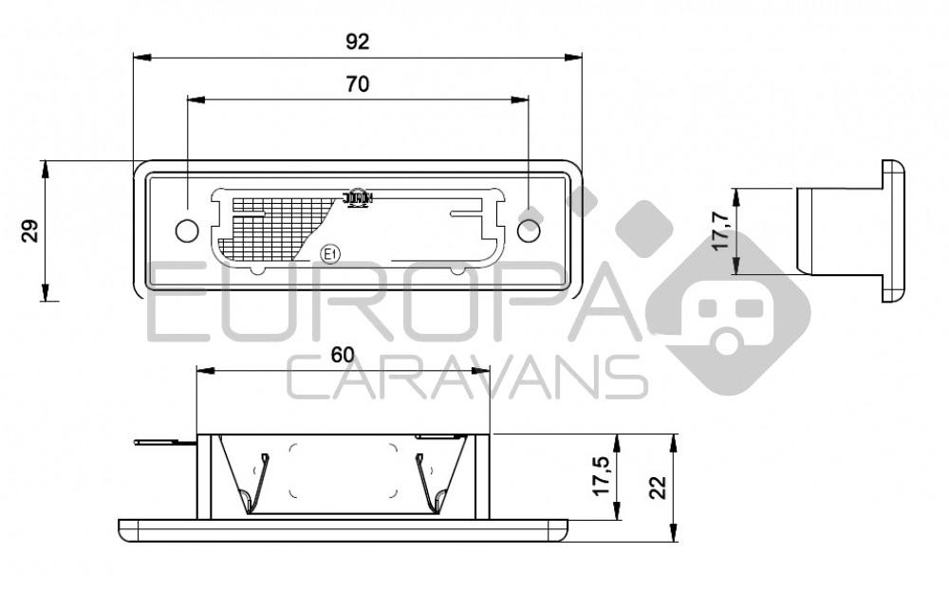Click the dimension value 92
point(357,41)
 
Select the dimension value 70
point(357,83)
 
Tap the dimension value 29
point(30,231)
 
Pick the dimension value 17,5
point(600,474)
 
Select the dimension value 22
point(658,488)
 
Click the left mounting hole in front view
point(187,230)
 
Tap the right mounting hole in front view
point(529,230)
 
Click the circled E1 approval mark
point(329,253)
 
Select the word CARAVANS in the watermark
point(465,379)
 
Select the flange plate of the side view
point(893,231)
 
